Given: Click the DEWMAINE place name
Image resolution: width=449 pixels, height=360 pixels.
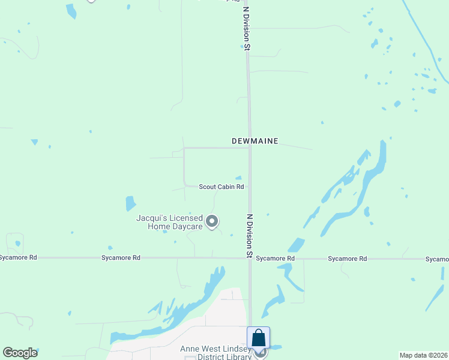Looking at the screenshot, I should coord(255,142).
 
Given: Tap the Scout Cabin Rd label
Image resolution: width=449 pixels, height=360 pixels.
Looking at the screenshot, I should coord(221,187).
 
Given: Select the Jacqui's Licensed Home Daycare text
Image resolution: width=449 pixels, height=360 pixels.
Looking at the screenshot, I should coord(169,222).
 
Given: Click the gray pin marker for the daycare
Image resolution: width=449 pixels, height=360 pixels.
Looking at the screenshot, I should coord(212,222).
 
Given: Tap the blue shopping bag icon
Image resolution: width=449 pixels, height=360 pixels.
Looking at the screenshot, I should coord(258,338).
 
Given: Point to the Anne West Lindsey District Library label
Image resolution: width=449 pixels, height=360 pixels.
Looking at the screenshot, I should coord(216,353).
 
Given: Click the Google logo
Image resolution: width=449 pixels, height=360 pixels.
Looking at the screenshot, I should coord(20,353).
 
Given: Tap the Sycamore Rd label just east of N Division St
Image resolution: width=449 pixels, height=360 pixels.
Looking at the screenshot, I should coord(275,259).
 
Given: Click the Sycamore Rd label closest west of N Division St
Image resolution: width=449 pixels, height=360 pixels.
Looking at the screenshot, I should coord(121,257).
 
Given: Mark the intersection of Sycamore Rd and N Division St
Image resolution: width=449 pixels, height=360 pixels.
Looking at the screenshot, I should coord(250,259).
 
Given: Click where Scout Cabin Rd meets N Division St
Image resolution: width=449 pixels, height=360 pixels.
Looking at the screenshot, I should coord(249,187).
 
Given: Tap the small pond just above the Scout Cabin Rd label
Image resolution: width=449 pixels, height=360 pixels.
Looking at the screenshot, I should coord(238,178).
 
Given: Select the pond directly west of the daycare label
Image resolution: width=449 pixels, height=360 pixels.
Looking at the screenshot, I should coord(130,203).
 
